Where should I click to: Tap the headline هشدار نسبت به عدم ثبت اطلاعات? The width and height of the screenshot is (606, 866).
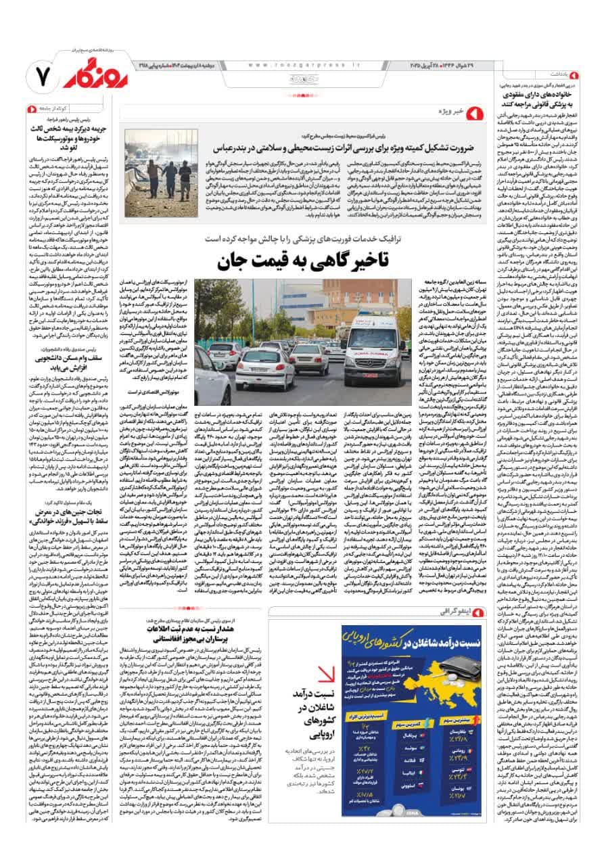(x=208, y=639)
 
